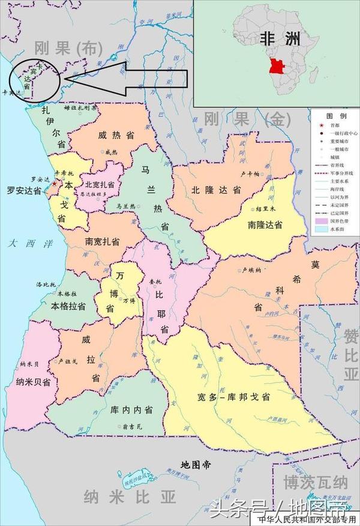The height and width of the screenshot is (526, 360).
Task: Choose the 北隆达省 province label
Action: coord(216,190)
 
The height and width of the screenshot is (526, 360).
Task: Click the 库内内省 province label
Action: coord(131,410)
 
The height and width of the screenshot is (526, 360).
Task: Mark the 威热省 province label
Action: coord(113,136)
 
